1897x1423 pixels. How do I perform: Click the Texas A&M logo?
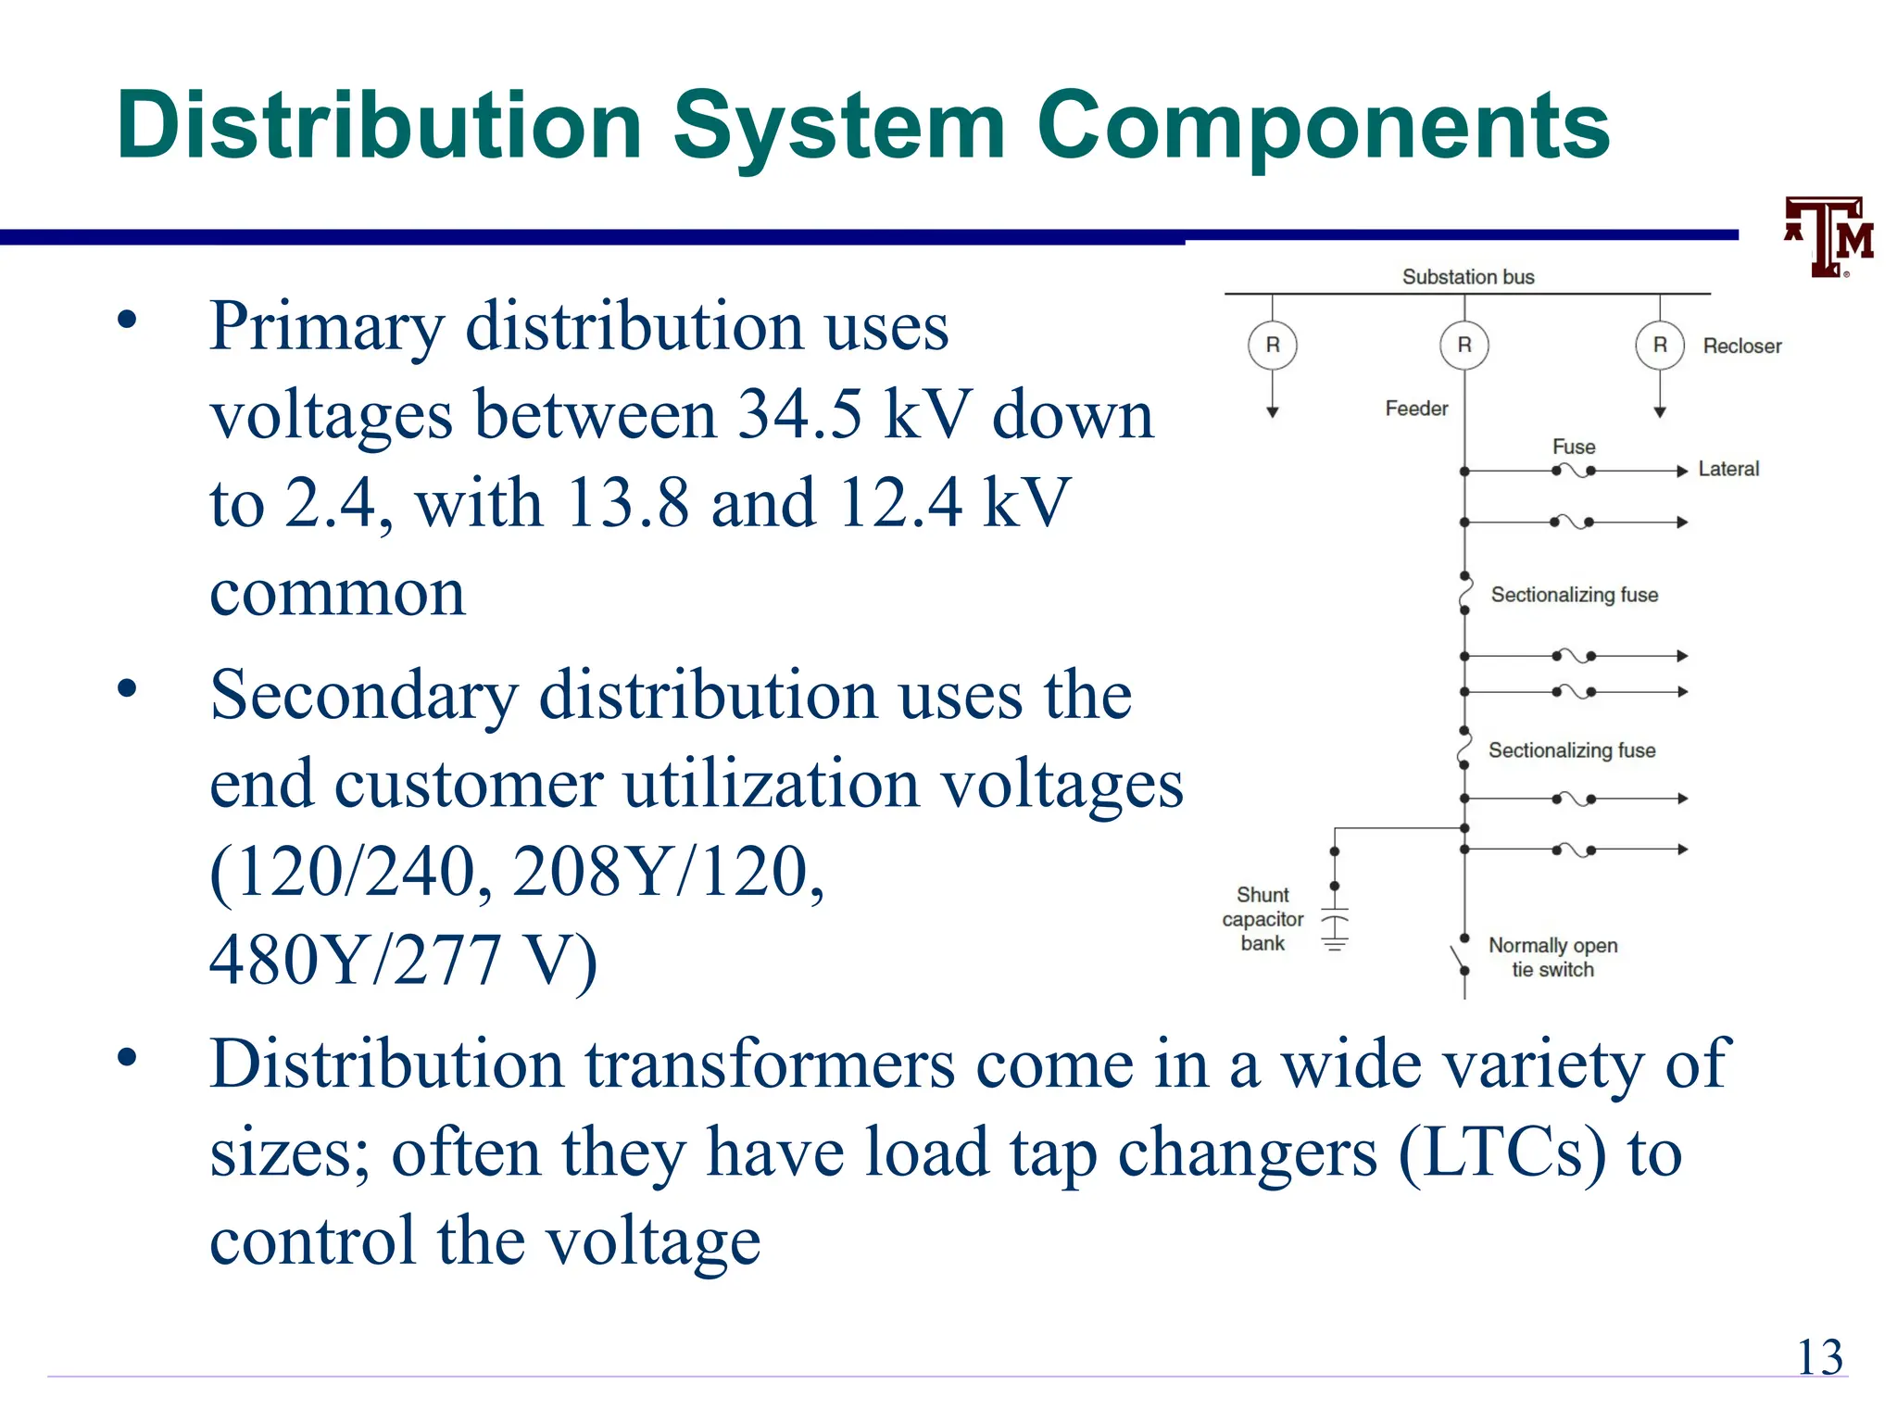coord(1830,237)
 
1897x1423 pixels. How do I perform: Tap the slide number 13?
coord(1819,1358)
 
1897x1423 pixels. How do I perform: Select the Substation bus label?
coord(1468,277)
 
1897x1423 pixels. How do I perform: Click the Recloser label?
coord(1741,346)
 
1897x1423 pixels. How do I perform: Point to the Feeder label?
coord(1416,409)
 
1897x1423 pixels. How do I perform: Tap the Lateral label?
coord(1728,470)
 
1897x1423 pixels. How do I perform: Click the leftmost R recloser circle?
coord(1273,346)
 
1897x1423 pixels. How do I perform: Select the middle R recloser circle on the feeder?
coord(1464,346)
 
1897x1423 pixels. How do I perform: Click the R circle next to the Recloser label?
coord(1660,346)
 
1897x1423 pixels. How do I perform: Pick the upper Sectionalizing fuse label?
coord(1574,595)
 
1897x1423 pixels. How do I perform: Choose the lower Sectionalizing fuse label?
coord(1572,750)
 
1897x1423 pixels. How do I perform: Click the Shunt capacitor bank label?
coord(1263,919)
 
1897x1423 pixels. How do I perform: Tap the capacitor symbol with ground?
coord(1335,926)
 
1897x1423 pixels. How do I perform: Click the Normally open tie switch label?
coord(1552,957)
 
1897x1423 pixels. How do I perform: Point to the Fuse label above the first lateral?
coord(1574,447)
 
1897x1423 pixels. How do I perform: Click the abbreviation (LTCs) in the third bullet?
coord(1501,1153)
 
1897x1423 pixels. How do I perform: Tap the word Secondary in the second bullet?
coord(364,695)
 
